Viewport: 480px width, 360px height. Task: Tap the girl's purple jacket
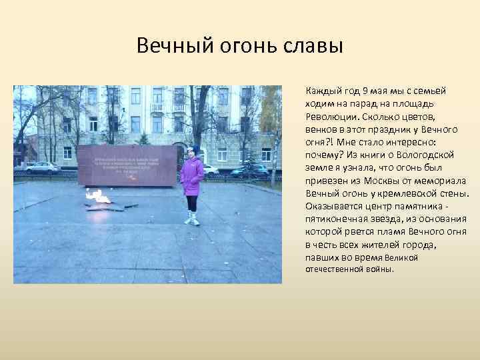[x=192, y=175]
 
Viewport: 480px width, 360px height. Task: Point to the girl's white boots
[x=193, y=219]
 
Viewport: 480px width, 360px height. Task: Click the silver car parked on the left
[x=41, y=167]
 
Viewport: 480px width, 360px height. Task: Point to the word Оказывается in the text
[x=331, y=206]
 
